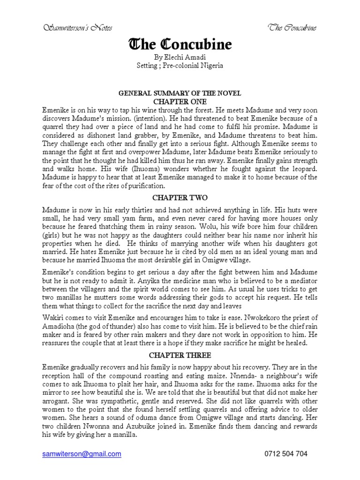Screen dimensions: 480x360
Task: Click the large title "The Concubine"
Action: click(x=180, y=45)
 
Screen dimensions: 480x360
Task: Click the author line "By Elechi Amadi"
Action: click(x=180, y=57)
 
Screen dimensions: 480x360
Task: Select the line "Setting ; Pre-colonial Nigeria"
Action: click(x=180, y=66)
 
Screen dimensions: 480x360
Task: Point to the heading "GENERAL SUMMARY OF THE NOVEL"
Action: click(x=180, y=93)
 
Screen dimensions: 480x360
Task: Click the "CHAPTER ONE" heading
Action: click(x=180, y=101)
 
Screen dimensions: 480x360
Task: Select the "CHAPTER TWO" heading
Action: click(x=180, y=197)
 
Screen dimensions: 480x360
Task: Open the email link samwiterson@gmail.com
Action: click(x=82, y=454)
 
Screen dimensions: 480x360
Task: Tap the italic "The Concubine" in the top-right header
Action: click(x=292, y=28)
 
